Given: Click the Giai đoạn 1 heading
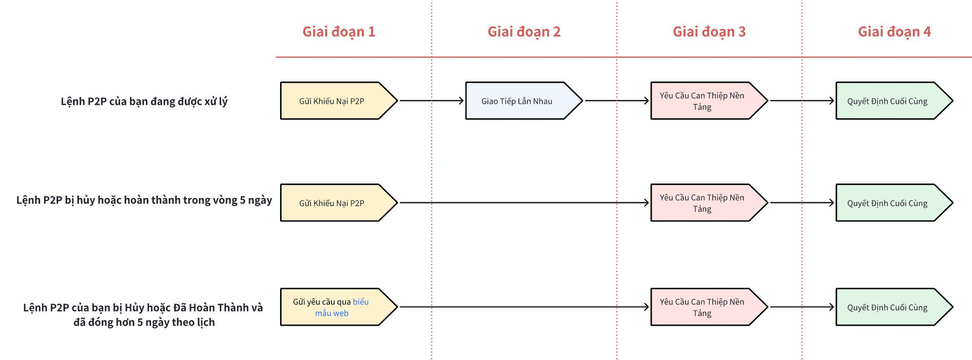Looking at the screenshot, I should (339, 32).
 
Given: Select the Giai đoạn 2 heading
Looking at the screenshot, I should (524, 32).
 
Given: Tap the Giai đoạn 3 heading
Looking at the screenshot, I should (709, 32).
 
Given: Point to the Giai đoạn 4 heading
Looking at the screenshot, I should (894, 32).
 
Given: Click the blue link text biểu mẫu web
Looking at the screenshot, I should (343, 308).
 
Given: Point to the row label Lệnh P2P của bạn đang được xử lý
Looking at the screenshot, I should (144, 101).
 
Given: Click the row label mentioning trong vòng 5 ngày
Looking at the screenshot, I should (144, 200).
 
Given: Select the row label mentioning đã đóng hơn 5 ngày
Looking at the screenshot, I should (143, 314).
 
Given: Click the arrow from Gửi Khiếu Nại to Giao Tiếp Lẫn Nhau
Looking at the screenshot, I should (431, 101).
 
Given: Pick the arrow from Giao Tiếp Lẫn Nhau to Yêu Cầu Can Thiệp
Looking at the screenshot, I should (617, 101).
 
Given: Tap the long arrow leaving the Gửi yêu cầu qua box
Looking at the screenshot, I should (524, 307).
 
